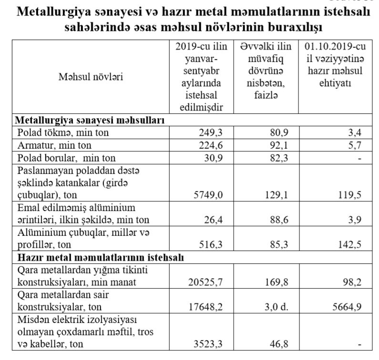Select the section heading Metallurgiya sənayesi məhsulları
pos(91,120)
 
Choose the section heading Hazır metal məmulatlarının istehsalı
pos(101,257)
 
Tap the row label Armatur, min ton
pos(54,145)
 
